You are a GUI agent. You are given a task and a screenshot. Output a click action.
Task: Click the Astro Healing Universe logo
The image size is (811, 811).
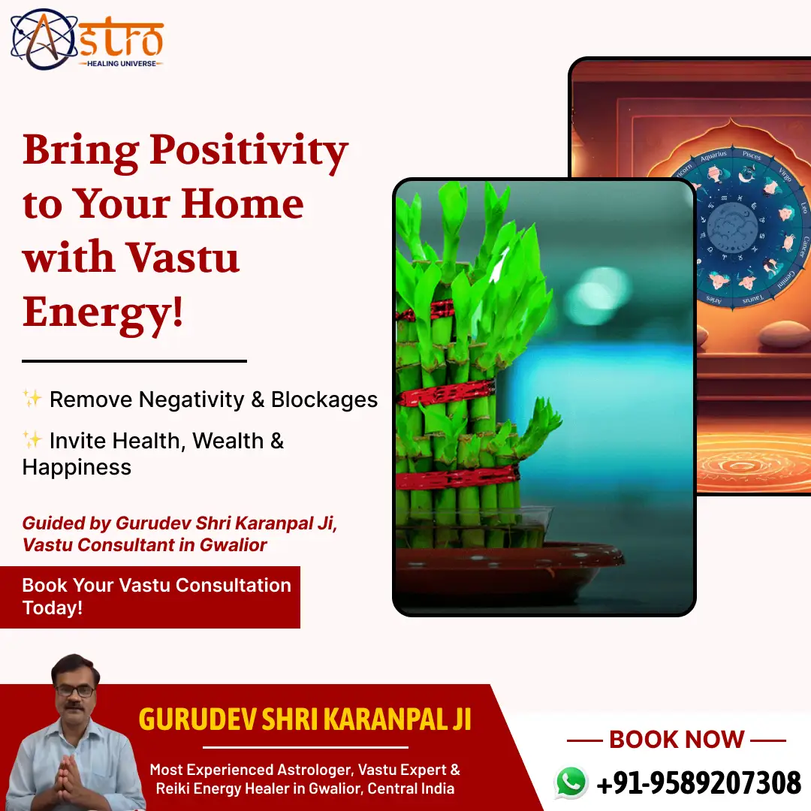point(86,39)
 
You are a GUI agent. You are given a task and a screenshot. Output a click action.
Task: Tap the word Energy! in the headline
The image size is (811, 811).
point(103,311)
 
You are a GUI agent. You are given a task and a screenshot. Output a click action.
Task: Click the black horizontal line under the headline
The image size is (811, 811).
point(134,361)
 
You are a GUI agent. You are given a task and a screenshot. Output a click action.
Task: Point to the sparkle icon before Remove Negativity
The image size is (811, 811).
point(32,399)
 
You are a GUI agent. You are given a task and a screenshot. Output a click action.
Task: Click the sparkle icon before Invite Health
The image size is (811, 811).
point(32,440)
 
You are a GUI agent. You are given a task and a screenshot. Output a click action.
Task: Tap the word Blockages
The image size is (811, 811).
point(324,399)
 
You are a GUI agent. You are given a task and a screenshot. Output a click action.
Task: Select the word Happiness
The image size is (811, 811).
point(77,467)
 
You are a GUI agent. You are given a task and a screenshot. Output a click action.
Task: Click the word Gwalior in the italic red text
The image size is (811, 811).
point(233,545)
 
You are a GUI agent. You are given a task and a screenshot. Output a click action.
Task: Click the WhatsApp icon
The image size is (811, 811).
point(571,782)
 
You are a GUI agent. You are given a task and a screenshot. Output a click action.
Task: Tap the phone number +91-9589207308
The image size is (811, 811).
point(698,783)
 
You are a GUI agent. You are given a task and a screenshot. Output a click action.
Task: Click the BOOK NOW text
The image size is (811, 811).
point(676,740)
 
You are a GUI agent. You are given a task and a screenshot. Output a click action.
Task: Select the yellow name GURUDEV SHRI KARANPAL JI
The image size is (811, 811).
point(305,719)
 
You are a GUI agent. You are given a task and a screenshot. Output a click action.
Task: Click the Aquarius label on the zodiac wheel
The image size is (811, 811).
point(713,157)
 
